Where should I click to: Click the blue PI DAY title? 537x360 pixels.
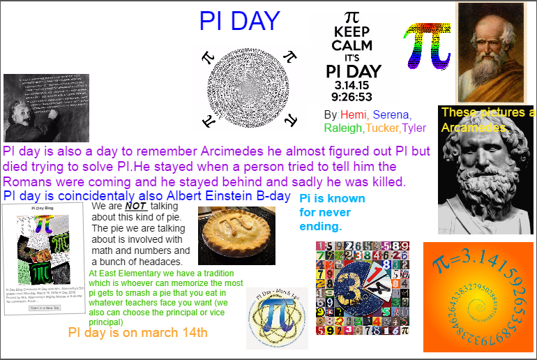click(x=239, y=22)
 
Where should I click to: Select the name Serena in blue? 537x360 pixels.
click(x=391, y=114)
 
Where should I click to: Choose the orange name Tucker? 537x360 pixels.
click(x=383, y=128)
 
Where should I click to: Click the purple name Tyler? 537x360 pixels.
click(x=414, y=128)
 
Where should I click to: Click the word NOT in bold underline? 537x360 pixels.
click(x=135, y=207)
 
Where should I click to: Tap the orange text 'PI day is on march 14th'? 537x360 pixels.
click(x=137, y=333)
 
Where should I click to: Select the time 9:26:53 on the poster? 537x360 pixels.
click(x=352, y=97)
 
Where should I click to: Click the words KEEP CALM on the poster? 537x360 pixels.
click(x=352, y=39)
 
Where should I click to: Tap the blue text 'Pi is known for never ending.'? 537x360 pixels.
click(x=331, y=213)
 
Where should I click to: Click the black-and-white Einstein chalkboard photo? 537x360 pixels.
click(x=46, y=108)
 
